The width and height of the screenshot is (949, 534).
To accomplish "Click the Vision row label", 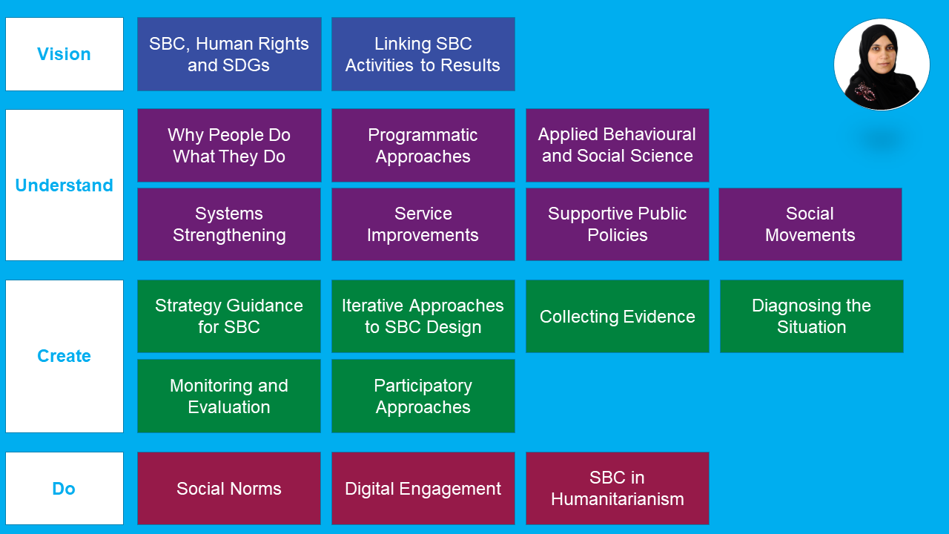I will point(65,54).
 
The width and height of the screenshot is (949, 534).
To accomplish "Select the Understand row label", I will point(65,185).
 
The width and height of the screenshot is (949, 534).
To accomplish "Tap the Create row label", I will point(65,356).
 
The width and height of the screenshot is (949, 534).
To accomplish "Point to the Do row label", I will point(65,489).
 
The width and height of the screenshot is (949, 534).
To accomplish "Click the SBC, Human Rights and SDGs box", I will point(229,54).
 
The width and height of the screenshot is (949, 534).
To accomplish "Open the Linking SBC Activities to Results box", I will point(423,54).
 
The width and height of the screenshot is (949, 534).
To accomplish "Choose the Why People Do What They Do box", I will point(229,145).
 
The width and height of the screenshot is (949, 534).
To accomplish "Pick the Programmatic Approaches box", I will point(423,145).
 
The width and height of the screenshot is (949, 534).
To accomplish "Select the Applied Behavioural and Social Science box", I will point(617,145).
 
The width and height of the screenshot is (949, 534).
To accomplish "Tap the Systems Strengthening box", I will point(229,224).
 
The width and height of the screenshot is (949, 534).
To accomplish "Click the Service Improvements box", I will point(423,224).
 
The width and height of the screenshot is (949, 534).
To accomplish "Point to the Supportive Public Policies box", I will point(617,224).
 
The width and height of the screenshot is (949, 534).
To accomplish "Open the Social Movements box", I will point(810,224).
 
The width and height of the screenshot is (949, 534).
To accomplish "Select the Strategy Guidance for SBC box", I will point(229,316).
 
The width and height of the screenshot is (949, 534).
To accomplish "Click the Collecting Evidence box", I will point(617,316).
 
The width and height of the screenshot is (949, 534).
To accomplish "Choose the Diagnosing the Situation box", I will point(811,316).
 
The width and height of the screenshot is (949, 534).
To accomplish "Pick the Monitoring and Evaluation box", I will point(229,396).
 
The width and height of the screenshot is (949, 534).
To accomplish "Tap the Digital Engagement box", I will point(423,489).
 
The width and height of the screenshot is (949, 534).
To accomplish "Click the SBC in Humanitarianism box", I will point(617,489).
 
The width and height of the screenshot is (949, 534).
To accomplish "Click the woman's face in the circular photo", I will point(879,59).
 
